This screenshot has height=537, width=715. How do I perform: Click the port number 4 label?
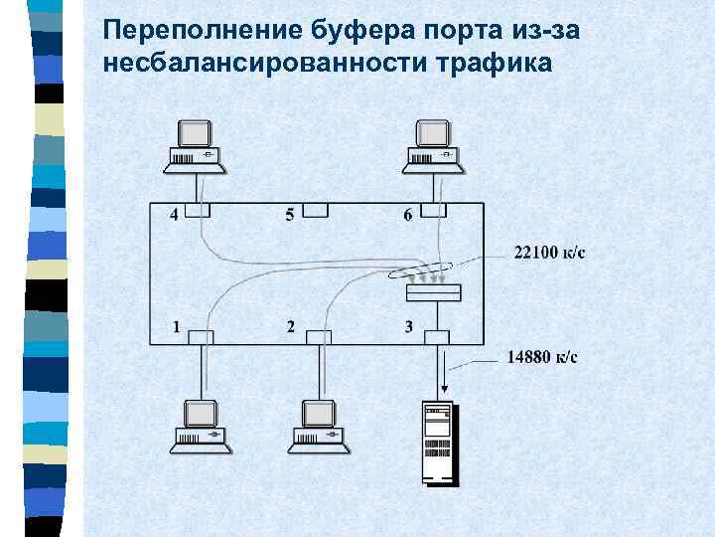(x=175, y=215)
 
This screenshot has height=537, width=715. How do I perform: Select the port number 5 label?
(x=289, y=215)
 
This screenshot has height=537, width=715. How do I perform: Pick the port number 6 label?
(x=407, y=215)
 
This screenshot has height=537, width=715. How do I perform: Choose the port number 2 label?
(x=290, y=326)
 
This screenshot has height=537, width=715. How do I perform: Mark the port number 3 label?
(x=408, y=326)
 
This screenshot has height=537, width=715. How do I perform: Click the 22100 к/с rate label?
(x=549, y=252)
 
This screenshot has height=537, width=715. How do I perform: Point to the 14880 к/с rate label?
(x=542, y=357)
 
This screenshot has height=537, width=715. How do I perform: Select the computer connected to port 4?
(x=196, y=144)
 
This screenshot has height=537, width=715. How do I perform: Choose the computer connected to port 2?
(x=318, y=425)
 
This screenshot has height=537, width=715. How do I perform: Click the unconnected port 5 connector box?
(x=316, y=210)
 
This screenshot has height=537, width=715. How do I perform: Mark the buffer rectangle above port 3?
(x=434, y=292)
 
